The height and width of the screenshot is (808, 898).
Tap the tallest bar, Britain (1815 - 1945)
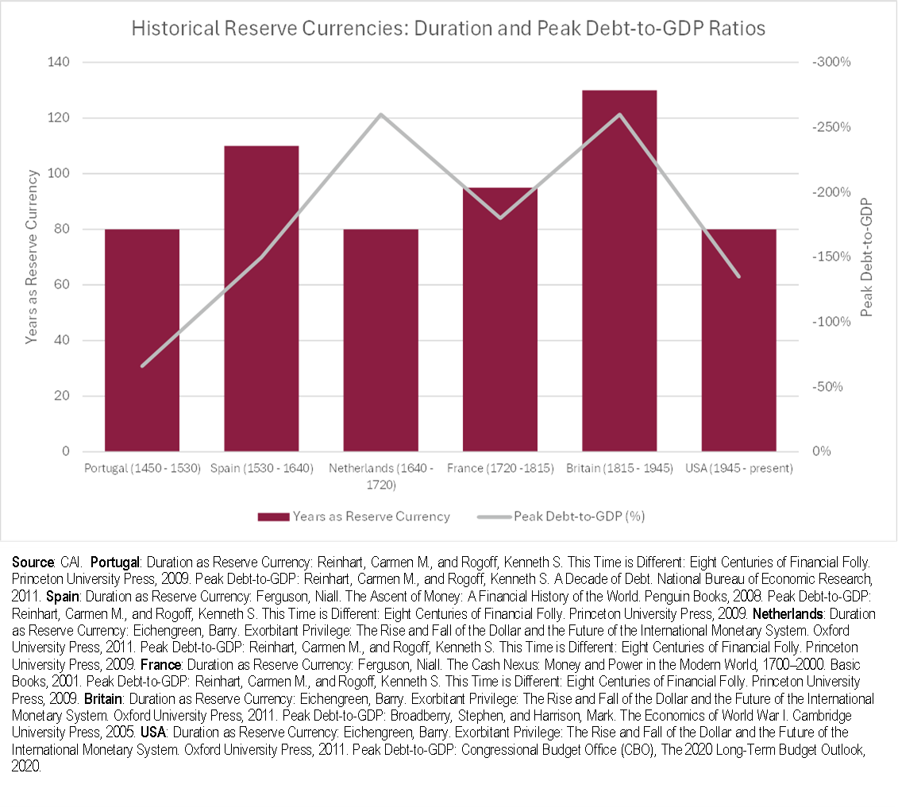[x=619, y=271]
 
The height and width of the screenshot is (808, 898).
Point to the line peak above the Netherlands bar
[x=381, y=114]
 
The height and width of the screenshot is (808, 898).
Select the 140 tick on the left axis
[x=59, y=63]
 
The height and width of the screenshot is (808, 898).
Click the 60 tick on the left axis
[x=62, y=285]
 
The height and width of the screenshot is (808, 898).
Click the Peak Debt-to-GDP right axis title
[x=866, y=257]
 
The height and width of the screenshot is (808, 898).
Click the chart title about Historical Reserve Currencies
[x=449, y=29]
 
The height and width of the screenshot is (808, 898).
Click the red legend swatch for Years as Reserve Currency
[x=272, y=516]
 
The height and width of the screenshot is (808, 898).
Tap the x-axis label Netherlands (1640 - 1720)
[x=381, y=475]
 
